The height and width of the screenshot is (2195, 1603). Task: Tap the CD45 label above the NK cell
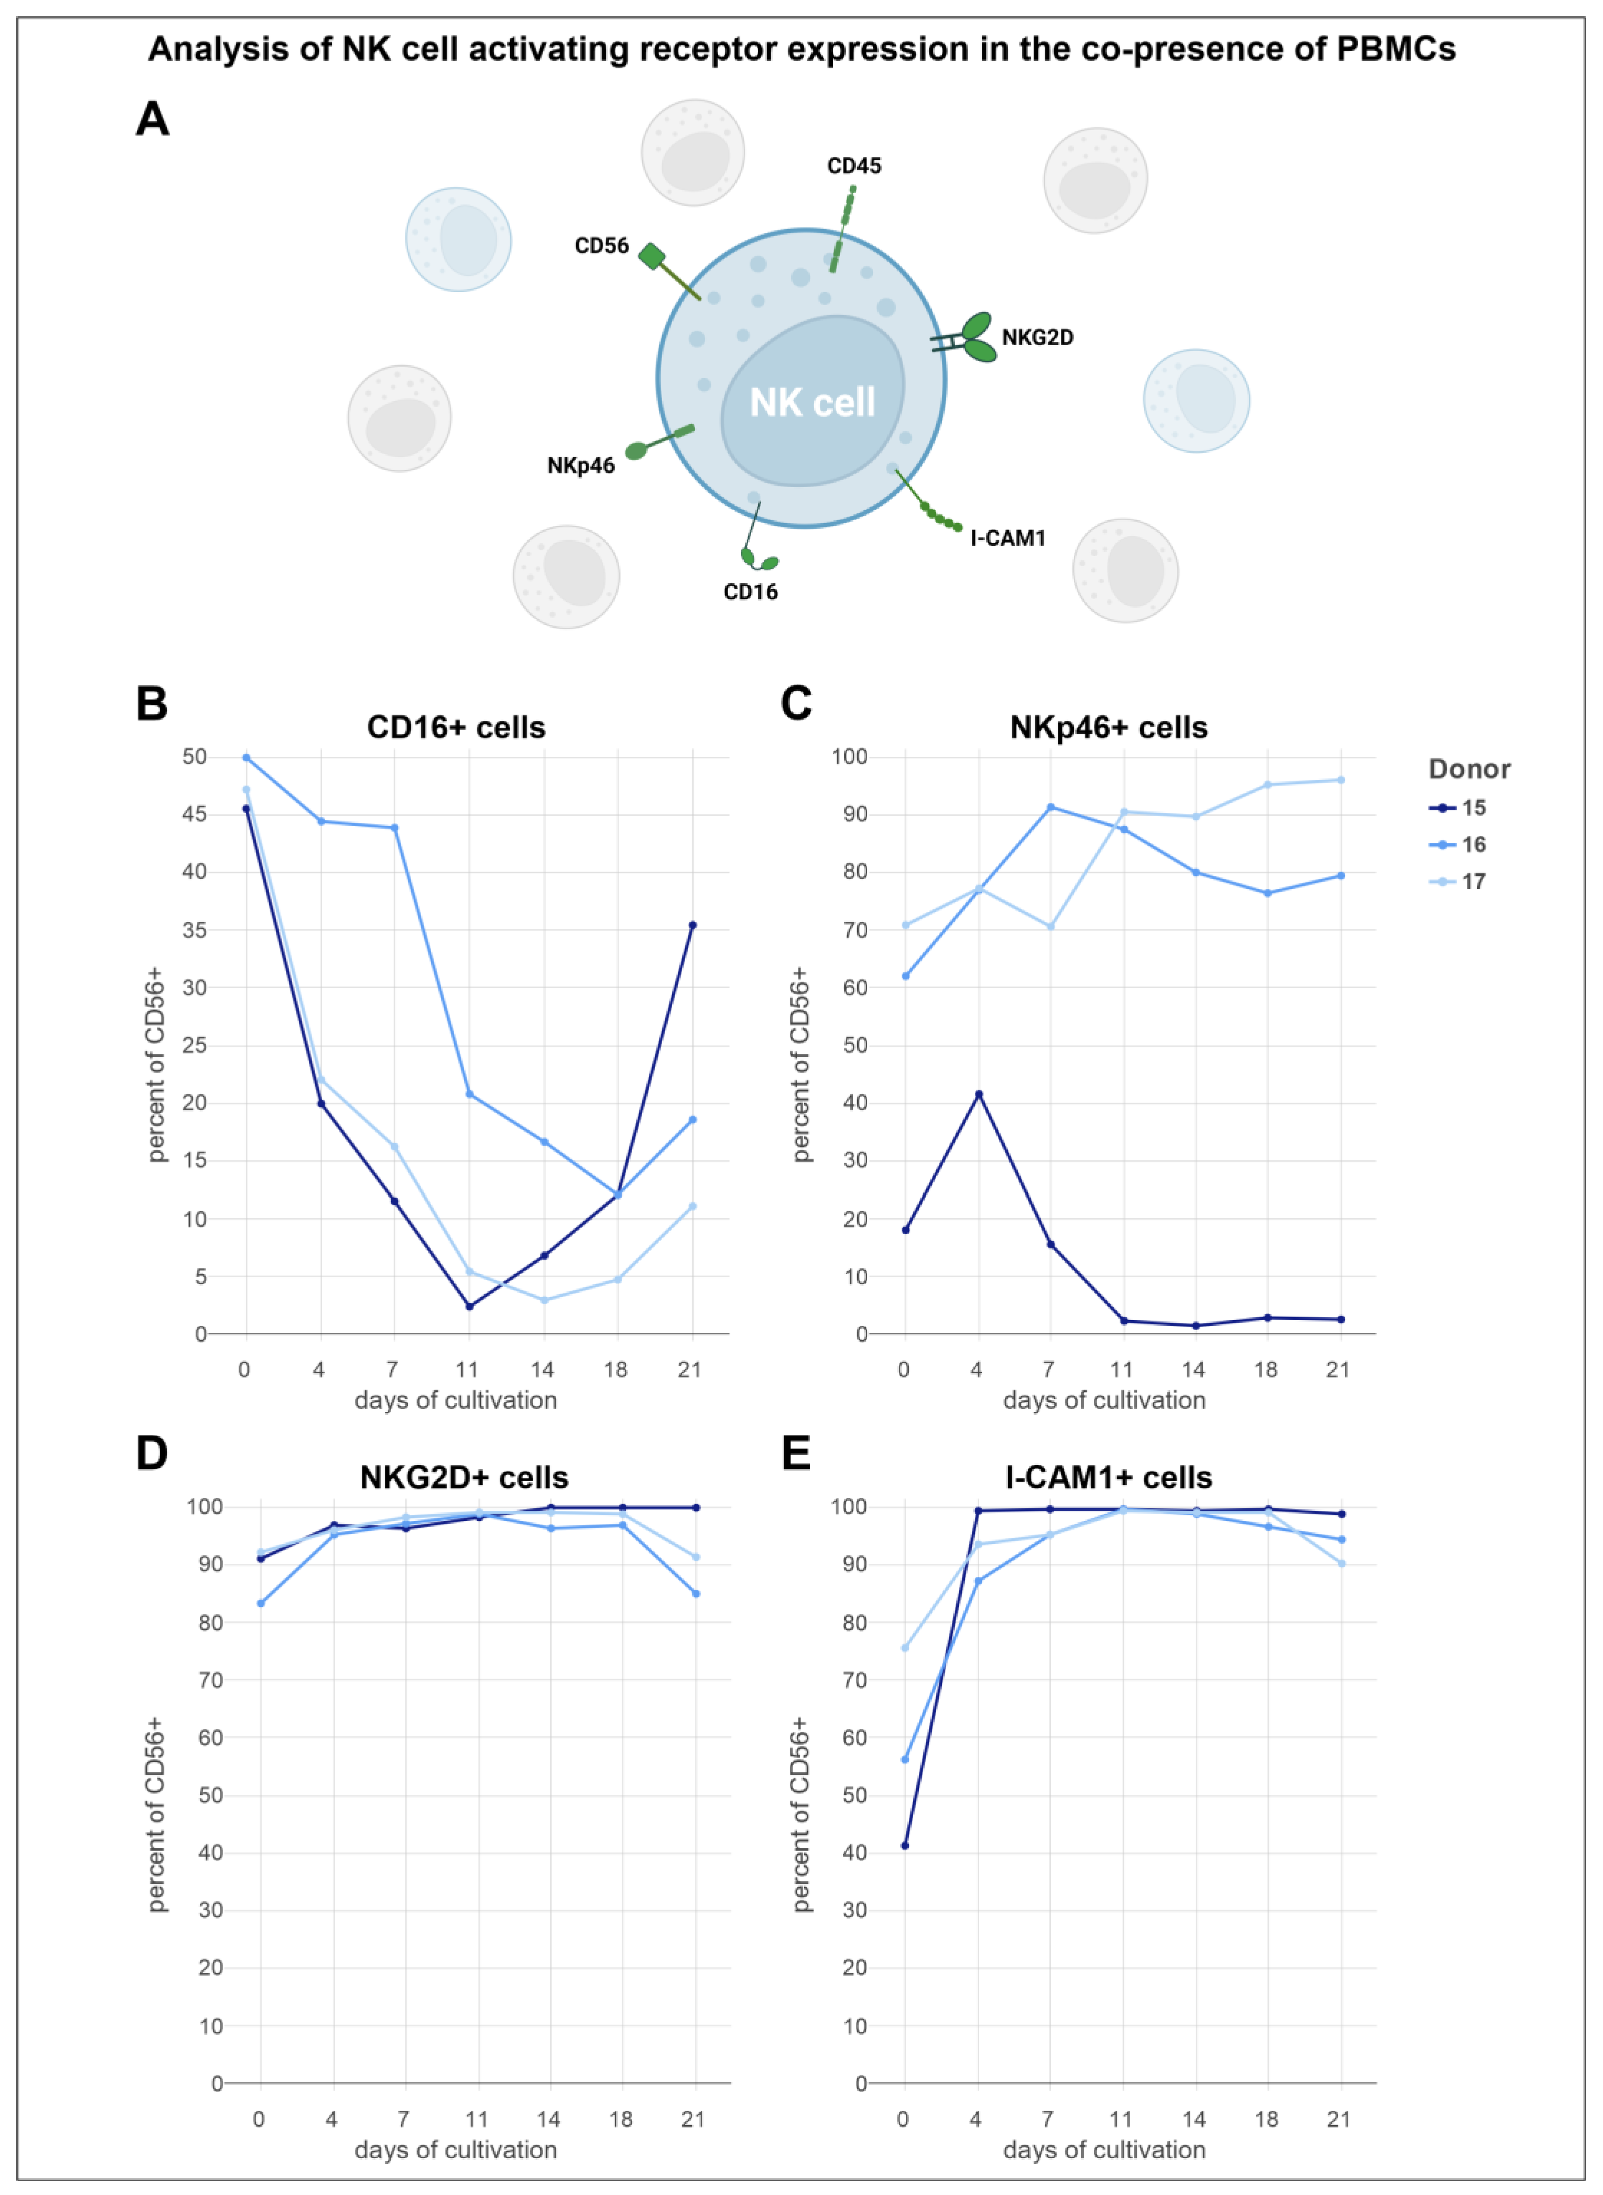(x=854, y=166)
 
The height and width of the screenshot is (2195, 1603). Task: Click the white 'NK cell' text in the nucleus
(x=812, y=402)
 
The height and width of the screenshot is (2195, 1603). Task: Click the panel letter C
(x=796, y=702)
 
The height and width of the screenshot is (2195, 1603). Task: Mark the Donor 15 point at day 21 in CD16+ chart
(x=692, y=925)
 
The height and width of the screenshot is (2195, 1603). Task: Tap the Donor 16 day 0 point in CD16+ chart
(x=247, y=757)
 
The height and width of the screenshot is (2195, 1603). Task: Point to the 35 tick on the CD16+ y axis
(x=194, y=929)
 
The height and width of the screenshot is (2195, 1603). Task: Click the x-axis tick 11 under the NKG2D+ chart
(x=476, y=2119)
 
